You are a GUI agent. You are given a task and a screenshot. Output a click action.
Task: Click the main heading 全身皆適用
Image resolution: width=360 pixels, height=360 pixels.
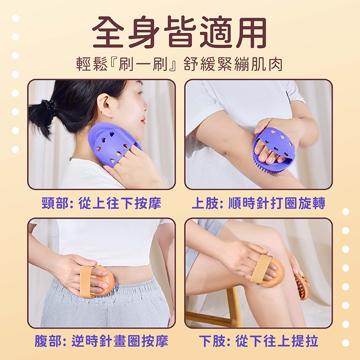(x=179, y=31)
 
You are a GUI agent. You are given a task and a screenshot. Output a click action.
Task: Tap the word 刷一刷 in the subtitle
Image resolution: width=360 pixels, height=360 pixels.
(x=143, y=64)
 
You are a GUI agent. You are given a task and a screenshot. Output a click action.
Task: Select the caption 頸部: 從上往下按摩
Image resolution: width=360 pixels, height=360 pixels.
(x=101, y=203)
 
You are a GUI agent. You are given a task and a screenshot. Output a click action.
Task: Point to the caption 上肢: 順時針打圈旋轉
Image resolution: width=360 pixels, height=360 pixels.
(x=258, y=203)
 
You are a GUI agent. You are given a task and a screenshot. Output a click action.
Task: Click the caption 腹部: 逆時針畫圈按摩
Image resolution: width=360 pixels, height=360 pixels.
(x=101, y=341)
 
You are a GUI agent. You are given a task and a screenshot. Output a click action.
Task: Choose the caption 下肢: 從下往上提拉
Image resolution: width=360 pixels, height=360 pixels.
(x=258, y=341)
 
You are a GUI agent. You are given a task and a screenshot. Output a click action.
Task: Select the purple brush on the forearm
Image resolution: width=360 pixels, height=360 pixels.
(x=273, y=149)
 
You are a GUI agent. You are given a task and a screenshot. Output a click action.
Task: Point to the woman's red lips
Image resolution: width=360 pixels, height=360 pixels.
(x=143, y=120)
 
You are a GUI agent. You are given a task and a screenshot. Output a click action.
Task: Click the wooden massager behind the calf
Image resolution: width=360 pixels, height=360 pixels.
(x=301, y=287)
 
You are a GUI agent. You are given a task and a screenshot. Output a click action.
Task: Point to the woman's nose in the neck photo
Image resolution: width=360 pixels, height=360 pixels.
(x=145, y=106)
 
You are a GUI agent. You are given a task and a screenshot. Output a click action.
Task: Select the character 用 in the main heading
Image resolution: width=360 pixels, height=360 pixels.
(x=252, y=32)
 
